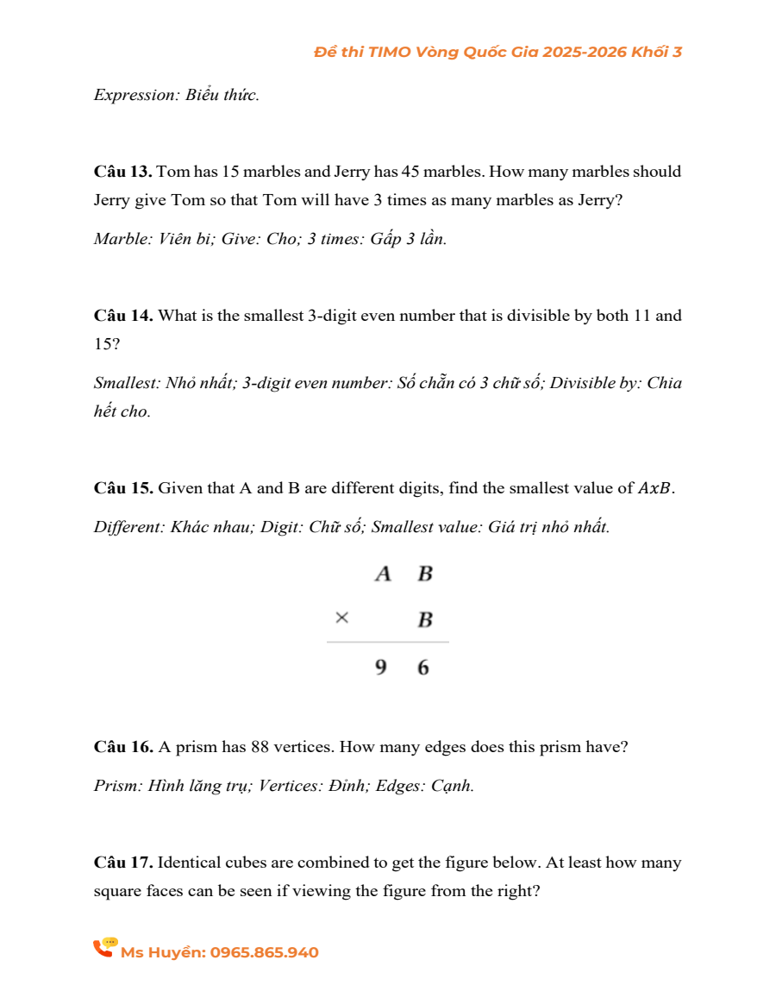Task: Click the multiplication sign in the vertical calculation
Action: coord(342,618)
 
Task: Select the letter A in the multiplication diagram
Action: coord(384,574)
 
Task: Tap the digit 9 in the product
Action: coord(381,668)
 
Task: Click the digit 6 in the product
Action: coord(422,668)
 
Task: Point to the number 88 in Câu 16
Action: coord(260,747)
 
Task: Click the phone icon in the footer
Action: coord(105,948)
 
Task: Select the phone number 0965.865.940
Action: coord(264,953)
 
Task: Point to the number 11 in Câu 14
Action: coord(642,316)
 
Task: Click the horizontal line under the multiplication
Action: coord(388,642)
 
